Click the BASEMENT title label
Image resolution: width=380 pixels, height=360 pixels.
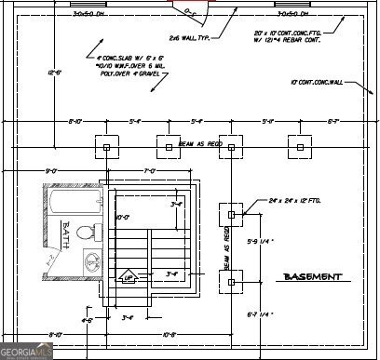[x=312, y=276]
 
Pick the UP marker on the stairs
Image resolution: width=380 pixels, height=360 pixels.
[x=129, y=275]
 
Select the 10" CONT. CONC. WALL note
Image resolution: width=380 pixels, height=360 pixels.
[x=318, y=83]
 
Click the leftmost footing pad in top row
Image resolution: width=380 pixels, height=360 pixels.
[x=107, y=146]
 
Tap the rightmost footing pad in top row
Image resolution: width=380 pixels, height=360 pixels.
[x=299, y=146]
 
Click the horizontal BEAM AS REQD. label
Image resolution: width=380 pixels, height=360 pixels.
[x=200, y=145]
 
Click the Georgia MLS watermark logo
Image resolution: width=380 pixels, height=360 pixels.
[x=28, y=352]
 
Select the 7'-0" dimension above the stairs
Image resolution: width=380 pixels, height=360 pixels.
[x=148, y=170]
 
